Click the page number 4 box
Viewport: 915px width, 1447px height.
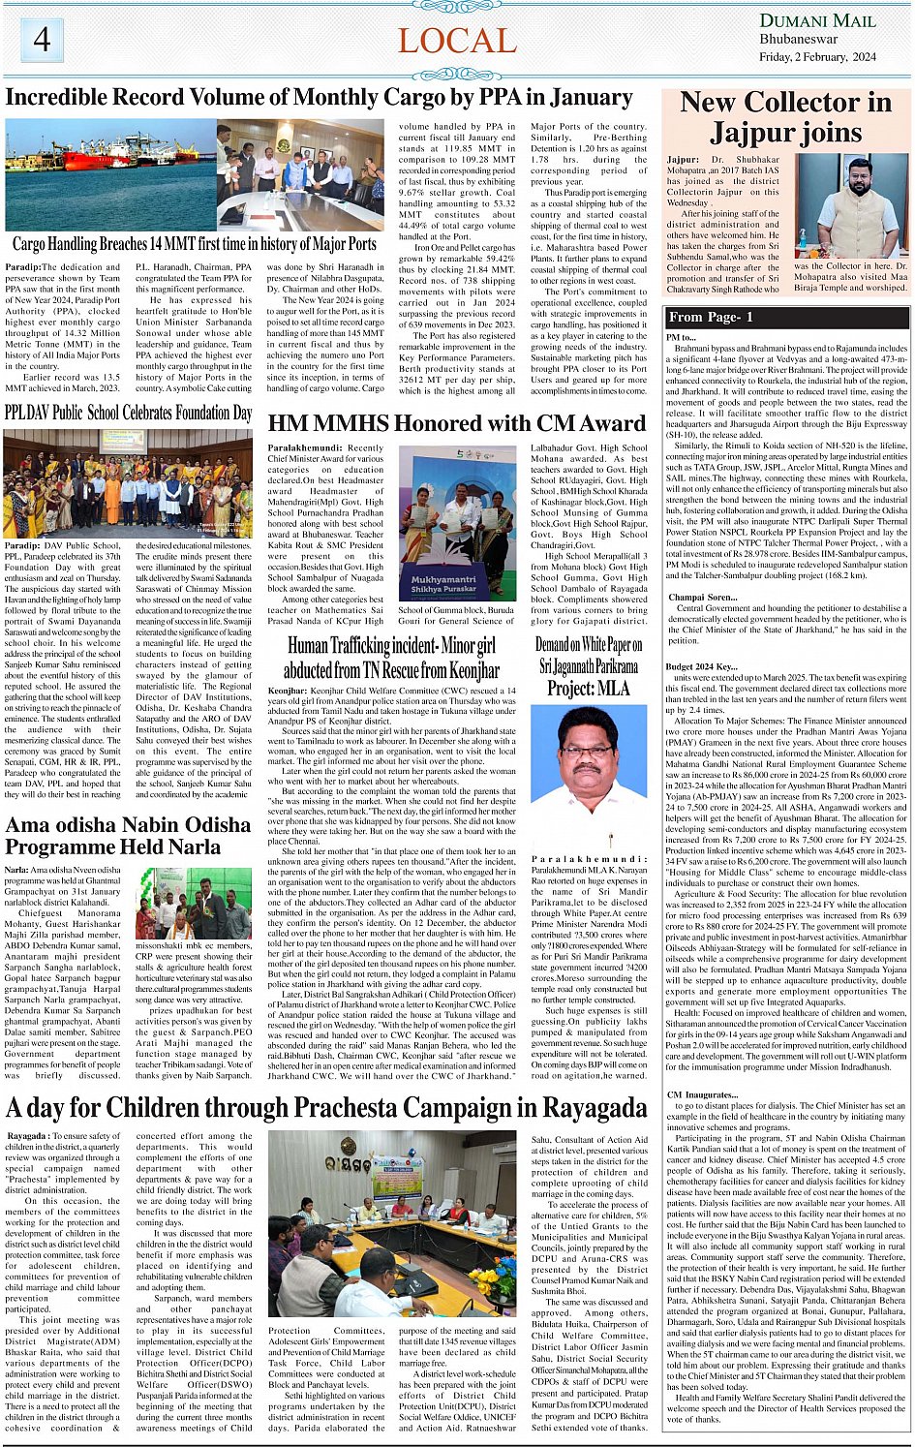tap(42, 40)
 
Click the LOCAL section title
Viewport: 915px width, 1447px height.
tap(457, 41)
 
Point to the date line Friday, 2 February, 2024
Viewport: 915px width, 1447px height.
tap(817, 57)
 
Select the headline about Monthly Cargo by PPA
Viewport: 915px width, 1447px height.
tap(319, 98)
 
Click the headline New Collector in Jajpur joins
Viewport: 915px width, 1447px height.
tap(785, 116)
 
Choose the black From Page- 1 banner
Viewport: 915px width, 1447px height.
tap(786, 317)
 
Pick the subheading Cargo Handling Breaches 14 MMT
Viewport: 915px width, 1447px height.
tap(195, 244)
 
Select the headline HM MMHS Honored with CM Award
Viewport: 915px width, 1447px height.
tap(456, 423)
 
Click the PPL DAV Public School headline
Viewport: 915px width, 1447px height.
tap(129, 414)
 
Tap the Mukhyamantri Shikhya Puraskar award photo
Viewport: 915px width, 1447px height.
tap(457, 524)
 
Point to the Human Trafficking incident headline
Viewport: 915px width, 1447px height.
tap(391, 658)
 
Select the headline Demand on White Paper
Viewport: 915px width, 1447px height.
tap(588, 666)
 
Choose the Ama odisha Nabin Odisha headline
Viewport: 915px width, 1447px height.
tap(128, 836)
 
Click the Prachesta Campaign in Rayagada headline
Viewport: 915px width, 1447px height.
tap(325, 1107)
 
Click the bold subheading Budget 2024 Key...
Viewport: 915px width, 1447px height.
tap(701, 667)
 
